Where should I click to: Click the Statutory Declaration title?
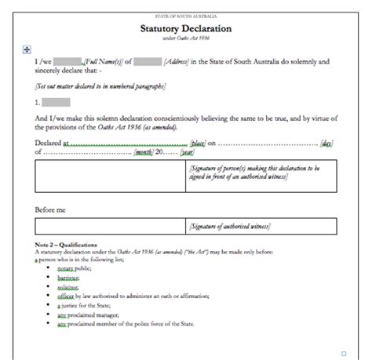186,29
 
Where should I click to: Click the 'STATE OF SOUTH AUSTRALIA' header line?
186,16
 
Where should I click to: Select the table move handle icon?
27,49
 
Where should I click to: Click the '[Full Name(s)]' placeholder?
104,60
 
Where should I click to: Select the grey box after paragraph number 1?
56,102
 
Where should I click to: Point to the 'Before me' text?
50,209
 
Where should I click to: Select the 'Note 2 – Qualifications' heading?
66,245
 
